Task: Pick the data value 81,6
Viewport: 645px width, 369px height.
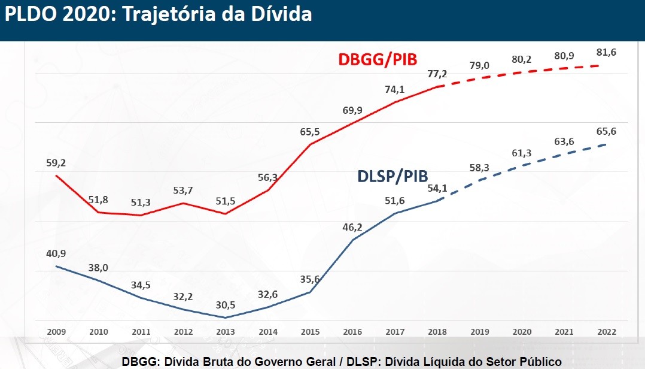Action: click(606, 52)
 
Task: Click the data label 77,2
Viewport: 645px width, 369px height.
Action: click(438, 74)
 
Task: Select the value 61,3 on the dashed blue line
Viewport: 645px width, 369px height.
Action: click(522, 153)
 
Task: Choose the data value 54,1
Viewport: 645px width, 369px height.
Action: click(438, 187)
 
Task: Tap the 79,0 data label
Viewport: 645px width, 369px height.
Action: click(479, 65)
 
